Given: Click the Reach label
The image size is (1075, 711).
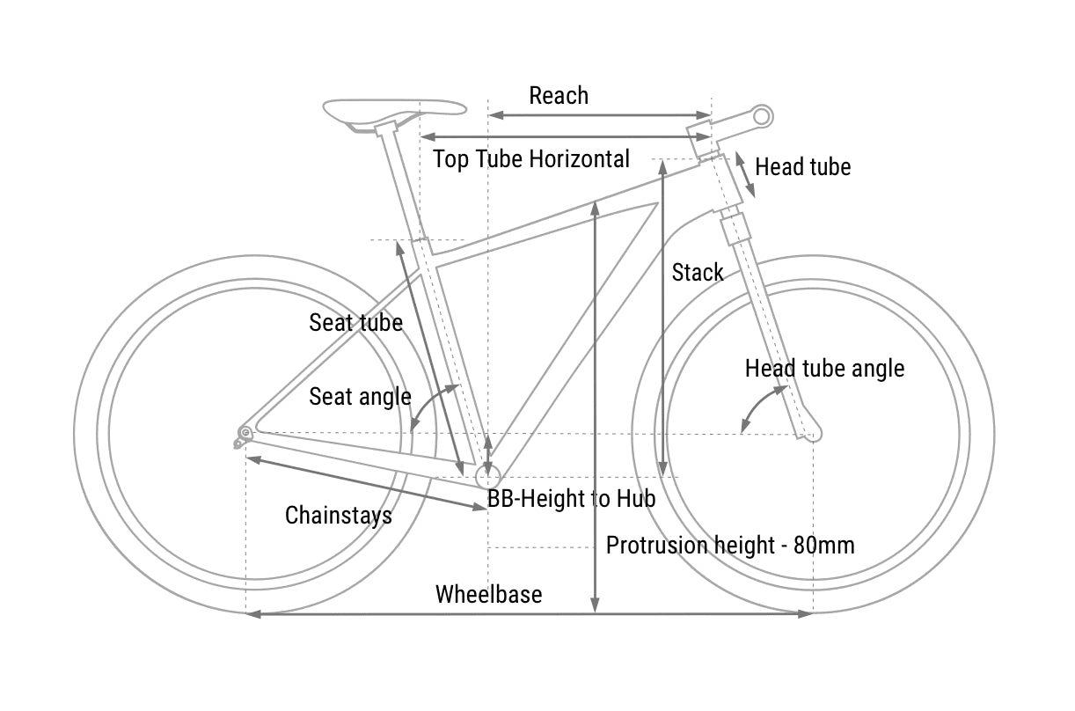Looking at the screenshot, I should coord(559,95).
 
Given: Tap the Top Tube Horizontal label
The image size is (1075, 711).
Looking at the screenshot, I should coord(531,159).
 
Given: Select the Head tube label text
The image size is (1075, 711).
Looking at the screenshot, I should coord(802,167).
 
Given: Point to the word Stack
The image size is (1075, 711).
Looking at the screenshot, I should coord(698,273).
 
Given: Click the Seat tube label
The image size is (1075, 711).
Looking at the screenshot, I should coord(355,323).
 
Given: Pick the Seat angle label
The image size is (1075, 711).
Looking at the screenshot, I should coord(360,397).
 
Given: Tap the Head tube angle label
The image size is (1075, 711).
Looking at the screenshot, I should coord(824,368).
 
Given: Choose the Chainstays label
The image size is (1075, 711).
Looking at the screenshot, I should coord(339,515).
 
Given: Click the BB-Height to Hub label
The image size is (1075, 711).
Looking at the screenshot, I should coord(572,499).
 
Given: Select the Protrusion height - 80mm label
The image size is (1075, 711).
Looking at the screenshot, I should coord(730,546).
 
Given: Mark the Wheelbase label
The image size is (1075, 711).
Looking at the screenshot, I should coord(488,594).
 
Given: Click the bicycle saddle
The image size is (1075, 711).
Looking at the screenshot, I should coord(394,110).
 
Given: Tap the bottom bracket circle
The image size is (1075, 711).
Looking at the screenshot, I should coord(487,477).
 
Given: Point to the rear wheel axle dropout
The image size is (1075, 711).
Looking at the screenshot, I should coord(245,432).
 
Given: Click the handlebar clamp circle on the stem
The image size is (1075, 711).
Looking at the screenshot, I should coord(762,115).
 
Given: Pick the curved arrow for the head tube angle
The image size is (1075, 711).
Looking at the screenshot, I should coord(759,408).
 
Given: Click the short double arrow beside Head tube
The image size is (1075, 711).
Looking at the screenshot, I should coord(744,175).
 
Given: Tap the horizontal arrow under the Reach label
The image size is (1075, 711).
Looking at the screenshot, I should coord(599,115).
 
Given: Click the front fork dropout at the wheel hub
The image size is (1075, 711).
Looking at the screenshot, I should coord(812,433).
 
